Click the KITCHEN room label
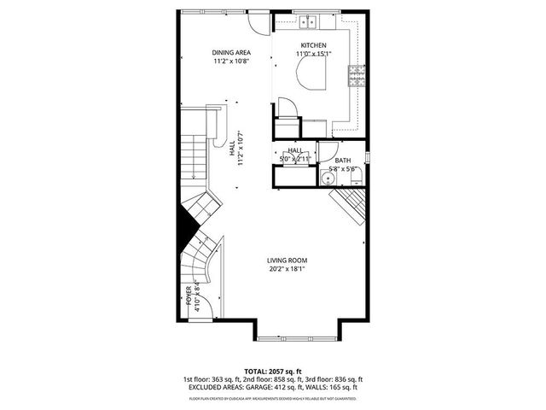pos(313,45)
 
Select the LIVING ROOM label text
pos(287,261)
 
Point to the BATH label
pos(342,160)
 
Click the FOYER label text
pos(189,296)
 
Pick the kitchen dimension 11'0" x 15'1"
pos(313,54)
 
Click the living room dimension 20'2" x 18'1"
pos(287,269)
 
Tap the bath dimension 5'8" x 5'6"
pos(342,168)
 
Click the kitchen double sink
pos(310,22)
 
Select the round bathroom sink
pos(335,179)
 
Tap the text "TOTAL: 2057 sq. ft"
pos(272,372)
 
